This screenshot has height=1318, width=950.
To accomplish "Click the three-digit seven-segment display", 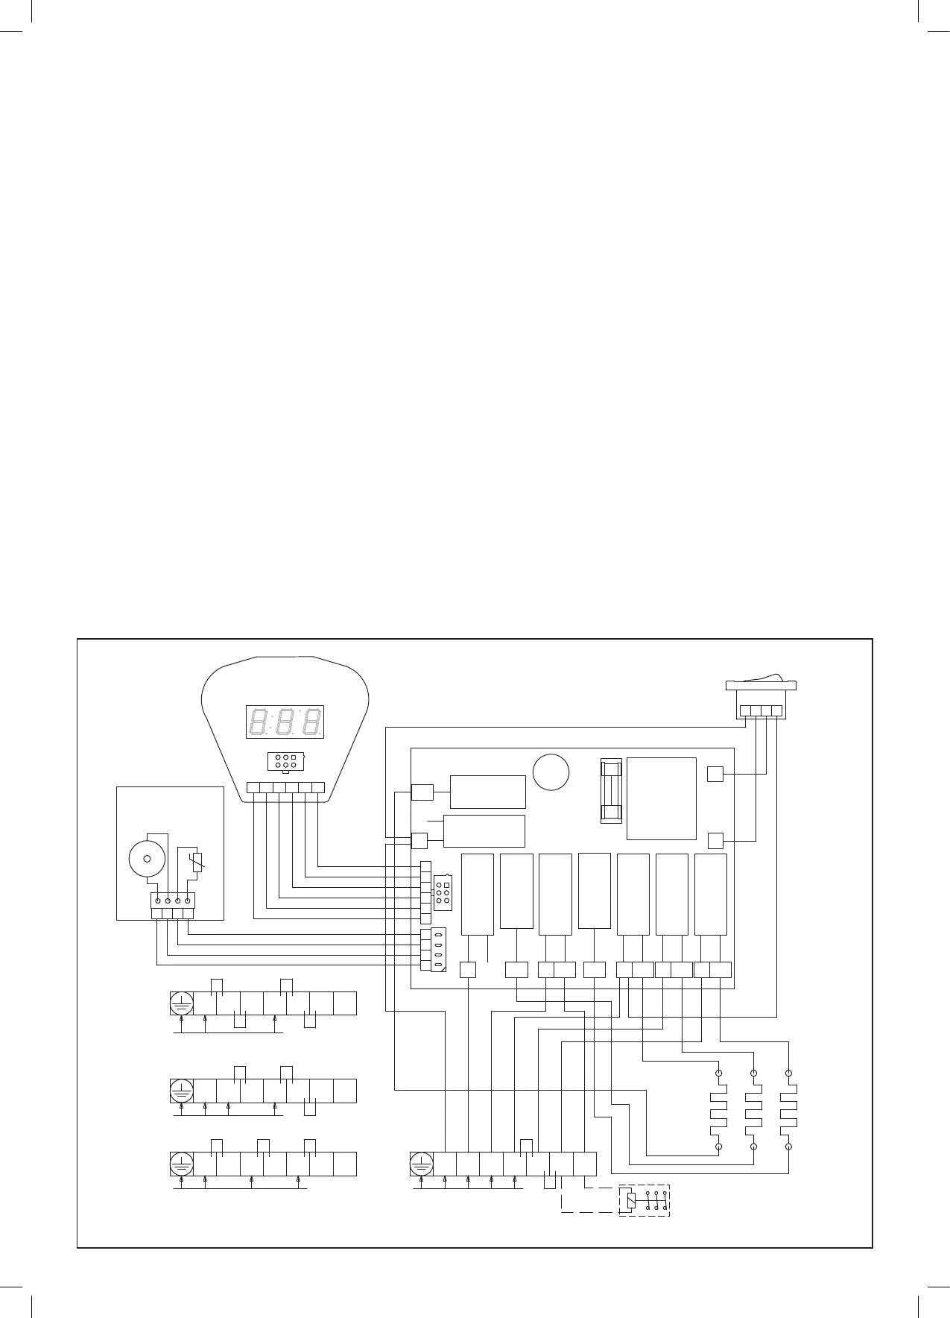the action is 285,722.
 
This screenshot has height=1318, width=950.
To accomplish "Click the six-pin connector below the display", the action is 283,761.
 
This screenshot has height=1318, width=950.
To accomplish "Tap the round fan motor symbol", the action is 148,858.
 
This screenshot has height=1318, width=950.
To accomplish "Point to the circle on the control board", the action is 551,772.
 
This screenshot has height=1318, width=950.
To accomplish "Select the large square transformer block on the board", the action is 661,798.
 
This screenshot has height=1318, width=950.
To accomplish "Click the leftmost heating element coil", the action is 718,1109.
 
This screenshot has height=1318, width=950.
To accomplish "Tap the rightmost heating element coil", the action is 788,1109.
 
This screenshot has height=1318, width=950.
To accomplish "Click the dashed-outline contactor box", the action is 645,1199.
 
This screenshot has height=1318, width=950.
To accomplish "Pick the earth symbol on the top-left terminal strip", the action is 182,1003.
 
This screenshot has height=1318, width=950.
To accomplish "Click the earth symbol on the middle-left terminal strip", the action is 182,1091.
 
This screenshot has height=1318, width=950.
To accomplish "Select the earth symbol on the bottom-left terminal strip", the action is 182,1164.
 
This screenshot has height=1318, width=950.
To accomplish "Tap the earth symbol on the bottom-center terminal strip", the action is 422,1164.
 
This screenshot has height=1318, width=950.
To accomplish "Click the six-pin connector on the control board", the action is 443,892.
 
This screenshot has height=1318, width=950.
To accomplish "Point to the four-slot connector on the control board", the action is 434,950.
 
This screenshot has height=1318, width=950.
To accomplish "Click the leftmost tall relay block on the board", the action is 478,894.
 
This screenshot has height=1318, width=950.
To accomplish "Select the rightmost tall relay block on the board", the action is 710,894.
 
